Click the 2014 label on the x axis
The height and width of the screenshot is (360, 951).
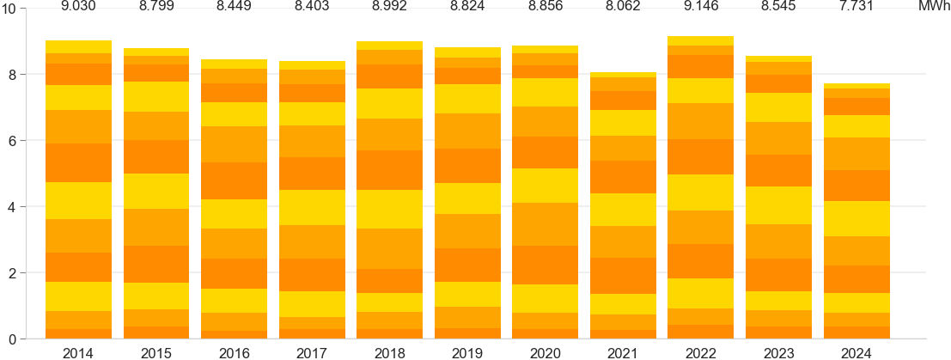point(78,352)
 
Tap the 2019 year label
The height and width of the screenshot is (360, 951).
point(467,352)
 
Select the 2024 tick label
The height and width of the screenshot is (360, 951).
point(856,352)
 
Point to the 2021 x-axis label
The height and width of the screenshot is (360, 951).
point(623,352)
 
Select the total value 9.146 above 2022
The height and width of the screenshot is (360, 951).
point(700,7)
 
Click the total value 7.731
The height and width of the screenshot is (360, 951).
point(856,7)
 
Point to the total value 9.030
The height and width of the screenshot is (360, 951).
point(78,7)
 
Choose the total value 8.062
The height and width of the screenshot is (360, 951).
point(623,7)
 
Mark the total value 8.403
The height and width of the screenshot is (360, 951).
point(312,7)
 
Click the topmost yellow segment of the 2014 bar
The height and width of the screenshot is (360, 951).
point(78,46)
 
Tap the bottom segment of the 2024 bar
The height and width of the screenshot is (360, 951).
point(856,333)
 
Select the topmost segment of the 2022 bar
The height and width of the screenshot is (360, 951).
point(700,40)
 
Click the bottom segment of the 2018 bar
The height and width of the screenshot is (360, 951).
point(389,333)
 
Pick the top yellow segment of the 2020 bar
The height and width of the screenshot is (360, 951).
point(545,49)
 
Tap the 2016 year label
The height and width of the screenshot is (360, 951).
point(234,352)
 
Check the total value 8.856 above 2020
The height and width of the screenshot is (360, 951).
point(545,7)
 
